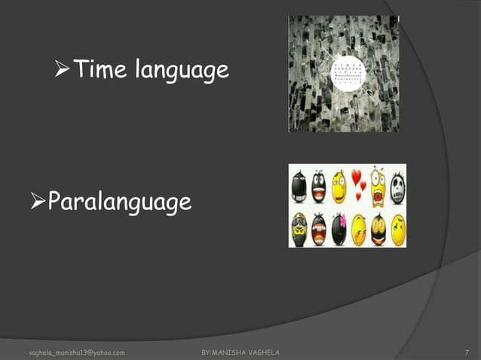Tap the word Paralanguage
click(119, 203)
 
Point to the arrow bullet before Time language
click(63, 71)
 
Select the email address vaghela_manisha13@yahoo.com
click(76, 352)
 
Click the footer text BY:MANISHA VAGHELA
click(241, 352)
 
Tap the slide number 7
click(467, 352)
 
